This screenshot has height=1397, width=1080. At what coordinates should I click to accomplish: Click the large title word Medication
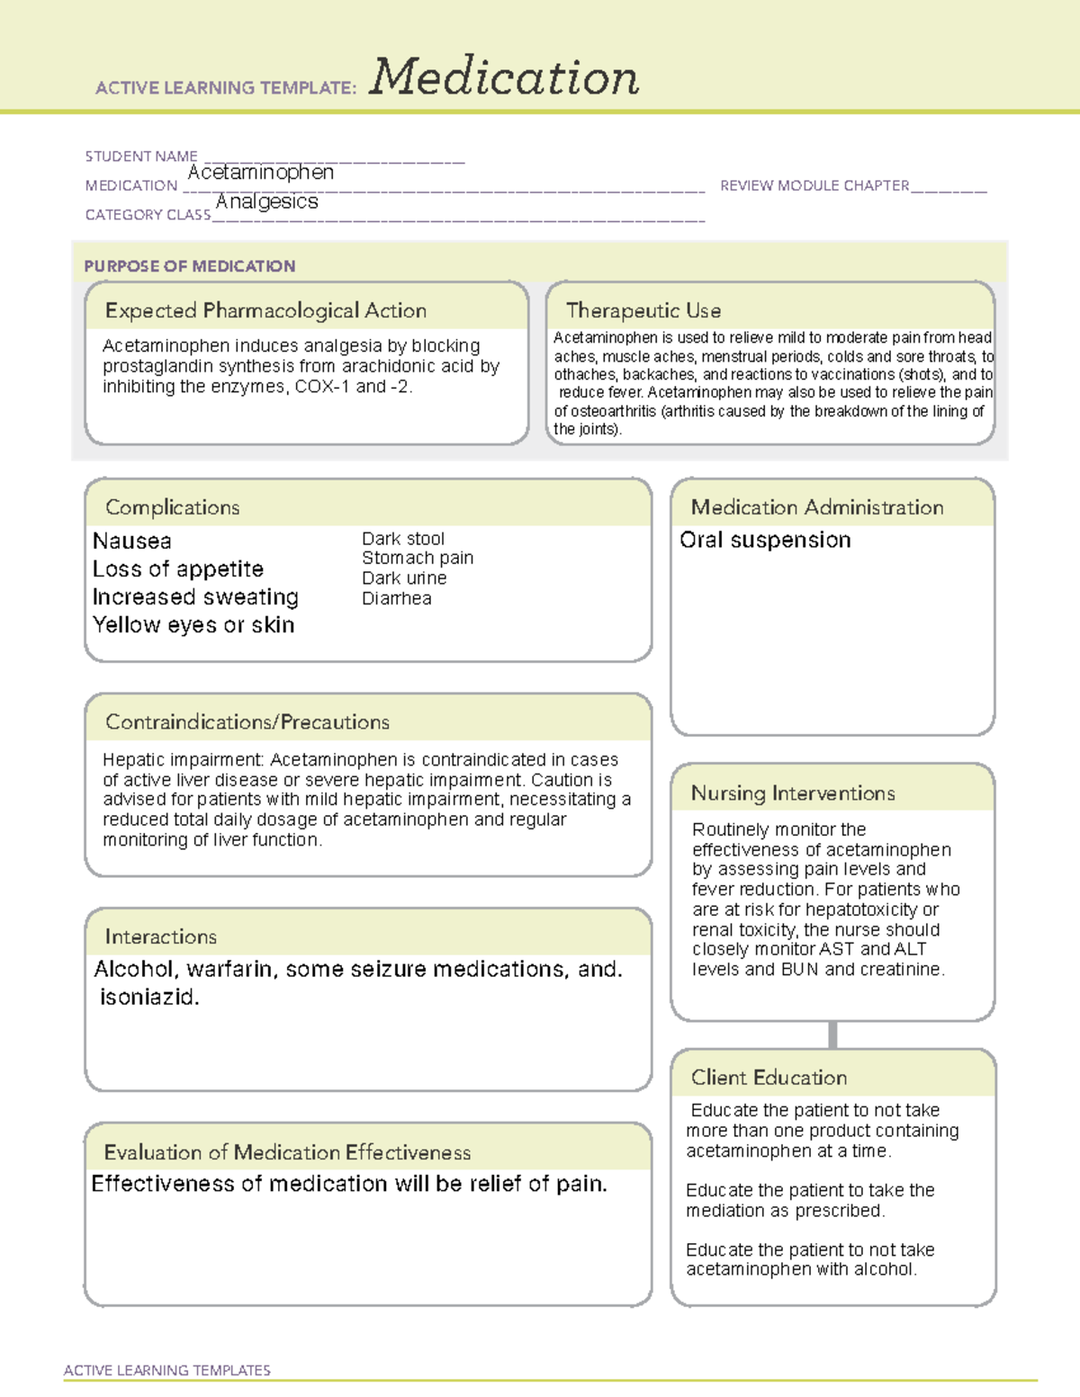click(503, 77)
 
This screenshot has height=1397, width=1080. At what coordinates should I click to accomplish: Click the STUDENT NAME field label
click(141, 157)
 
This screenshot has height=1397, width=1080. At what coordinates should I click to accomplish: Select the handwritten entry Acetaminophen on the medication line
click(261, 172)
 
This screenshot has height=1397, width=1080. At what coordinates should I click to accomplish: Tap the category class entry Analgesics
click(267, 201)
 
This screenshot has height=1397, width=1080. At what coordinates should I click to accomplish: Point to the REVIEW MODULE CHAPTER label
click(814, 185)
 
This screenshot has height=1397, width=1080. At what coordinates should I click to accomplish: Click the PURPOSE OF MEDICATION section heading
click(190, 266)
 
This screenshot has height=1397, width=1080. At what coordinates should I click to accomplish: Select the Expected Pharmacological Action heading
click(265, 310)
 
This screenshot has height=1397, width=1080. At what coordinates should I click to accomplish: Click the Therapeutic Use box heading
click(643, 310)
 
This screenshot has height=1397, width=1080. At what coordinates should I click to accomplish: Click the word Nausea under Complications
click(132, 541)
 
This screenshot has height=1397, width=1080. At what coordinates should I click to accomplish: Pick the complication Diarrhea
click(396, 598)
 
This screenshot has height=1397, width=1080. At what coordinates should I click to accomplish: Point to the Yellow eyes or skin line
click(193, 625)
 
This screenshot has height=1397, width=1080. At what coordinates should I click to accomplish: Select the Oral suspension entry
click(765, 540)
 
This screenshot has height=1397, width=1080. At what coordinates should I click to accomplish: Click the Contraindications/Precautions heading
click(247, 722)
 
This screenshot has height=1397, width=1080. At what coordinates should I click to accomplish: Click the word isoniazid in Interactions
click(148, 997)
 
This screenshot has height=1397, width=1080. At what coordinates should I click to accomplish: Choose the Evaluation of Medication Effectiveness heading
click(287, 1152)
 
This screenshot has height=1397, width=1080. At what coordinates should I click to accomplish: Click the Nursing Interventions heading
click(793, 793)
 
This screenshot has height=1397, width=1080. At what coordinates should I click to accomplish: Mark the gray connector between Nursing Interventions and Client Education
click(832, 1034)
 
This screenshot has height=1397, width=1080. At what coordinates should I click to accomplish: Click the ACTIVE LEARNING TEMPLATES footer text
click(167, 1370)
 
